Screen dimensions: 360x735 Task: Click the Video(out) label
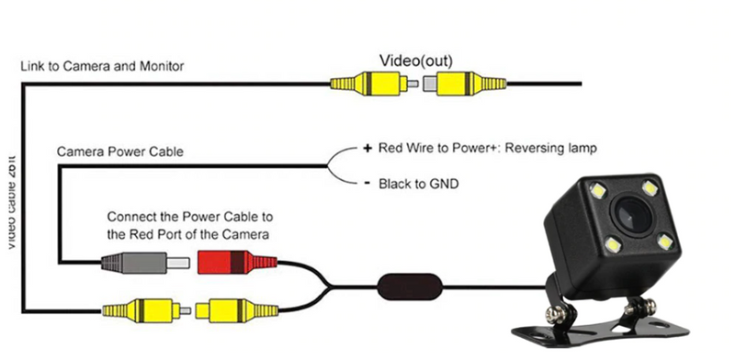416,60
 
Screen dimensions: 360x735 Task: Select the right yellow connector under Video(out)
467,85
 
